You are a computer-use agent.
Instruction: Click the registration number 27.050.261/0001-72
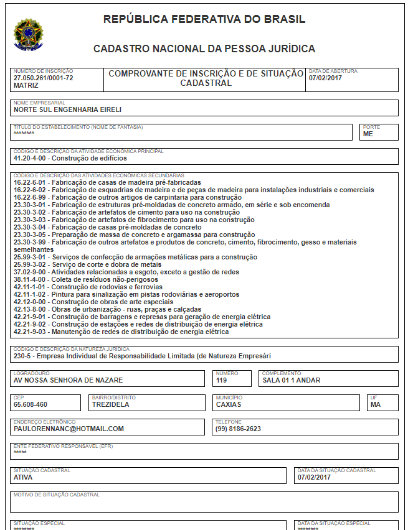(x=44, y=78)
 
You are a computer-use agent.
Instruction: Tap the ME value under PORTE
(x=368, y=134)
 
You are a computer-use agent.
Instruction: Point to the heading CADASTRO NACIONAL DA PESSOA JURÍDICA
(x=204, y=49)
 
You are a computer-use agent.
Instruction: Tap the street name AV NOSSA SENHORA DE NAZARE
(x=68, y=380)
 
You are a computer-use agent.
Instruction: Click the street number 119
(x=221, y=380)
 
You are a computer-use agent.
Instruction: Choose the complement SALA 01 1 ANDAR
(x=291, y=380)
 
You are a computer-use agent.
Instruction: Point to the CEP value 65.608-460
(x=31, y=404)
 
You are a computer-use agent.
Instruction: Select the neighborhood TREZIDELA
(x=111, y=404)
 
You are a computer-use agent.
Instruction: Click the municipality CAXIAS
(x=229, y=404)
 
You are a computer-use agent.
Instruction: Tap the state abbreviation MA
(x=375, y=404)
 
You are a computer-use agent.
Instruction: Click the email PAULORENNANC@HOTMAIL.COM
(x=69, y=429)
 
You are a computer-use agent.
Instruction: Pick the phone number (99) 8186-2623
(x=238, y=429)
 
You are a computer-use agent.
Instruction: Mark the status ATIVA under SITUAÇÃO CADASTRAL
(x=23, y=477)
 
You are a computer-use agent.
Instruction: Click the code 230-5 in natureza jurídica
(x=22, y=356)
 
